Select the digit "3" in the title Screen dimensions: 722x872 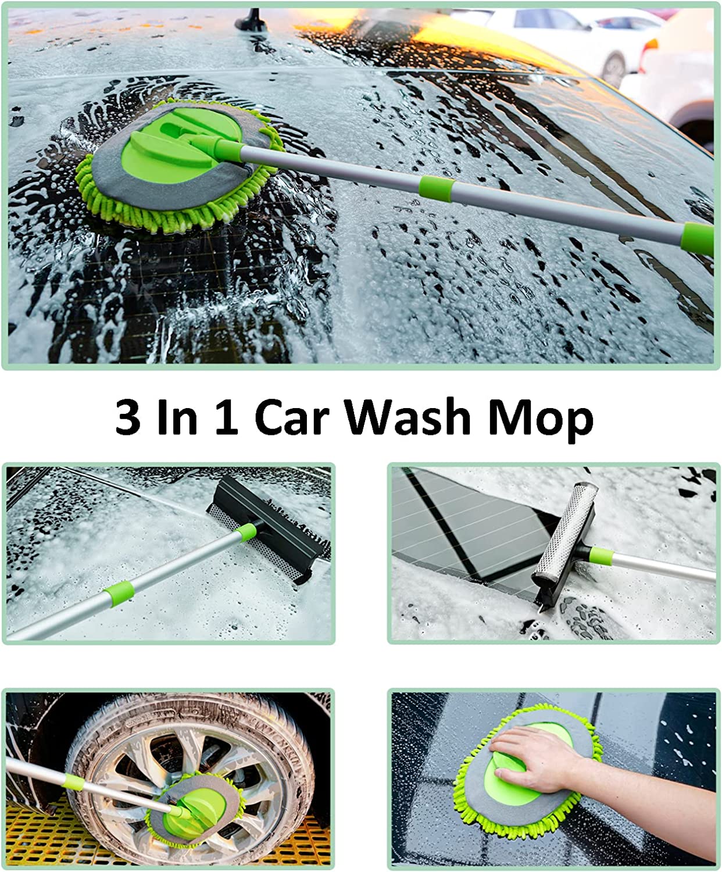[x=127, y=417]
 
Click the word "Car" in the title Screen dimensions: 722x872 [x=292, y=417]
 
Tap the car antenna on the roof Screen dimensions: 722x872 [x=251, y=20]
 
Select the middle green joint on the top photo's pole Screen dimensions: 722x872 [x=437, y=189]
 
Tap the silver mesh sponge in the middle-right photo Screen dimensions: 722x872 [x=566, y=530]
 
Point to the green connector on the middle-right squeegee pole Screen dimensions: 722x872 [x=601, y=556]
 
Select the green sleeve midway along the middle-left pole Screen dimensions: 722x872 [x=119, y=593]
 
